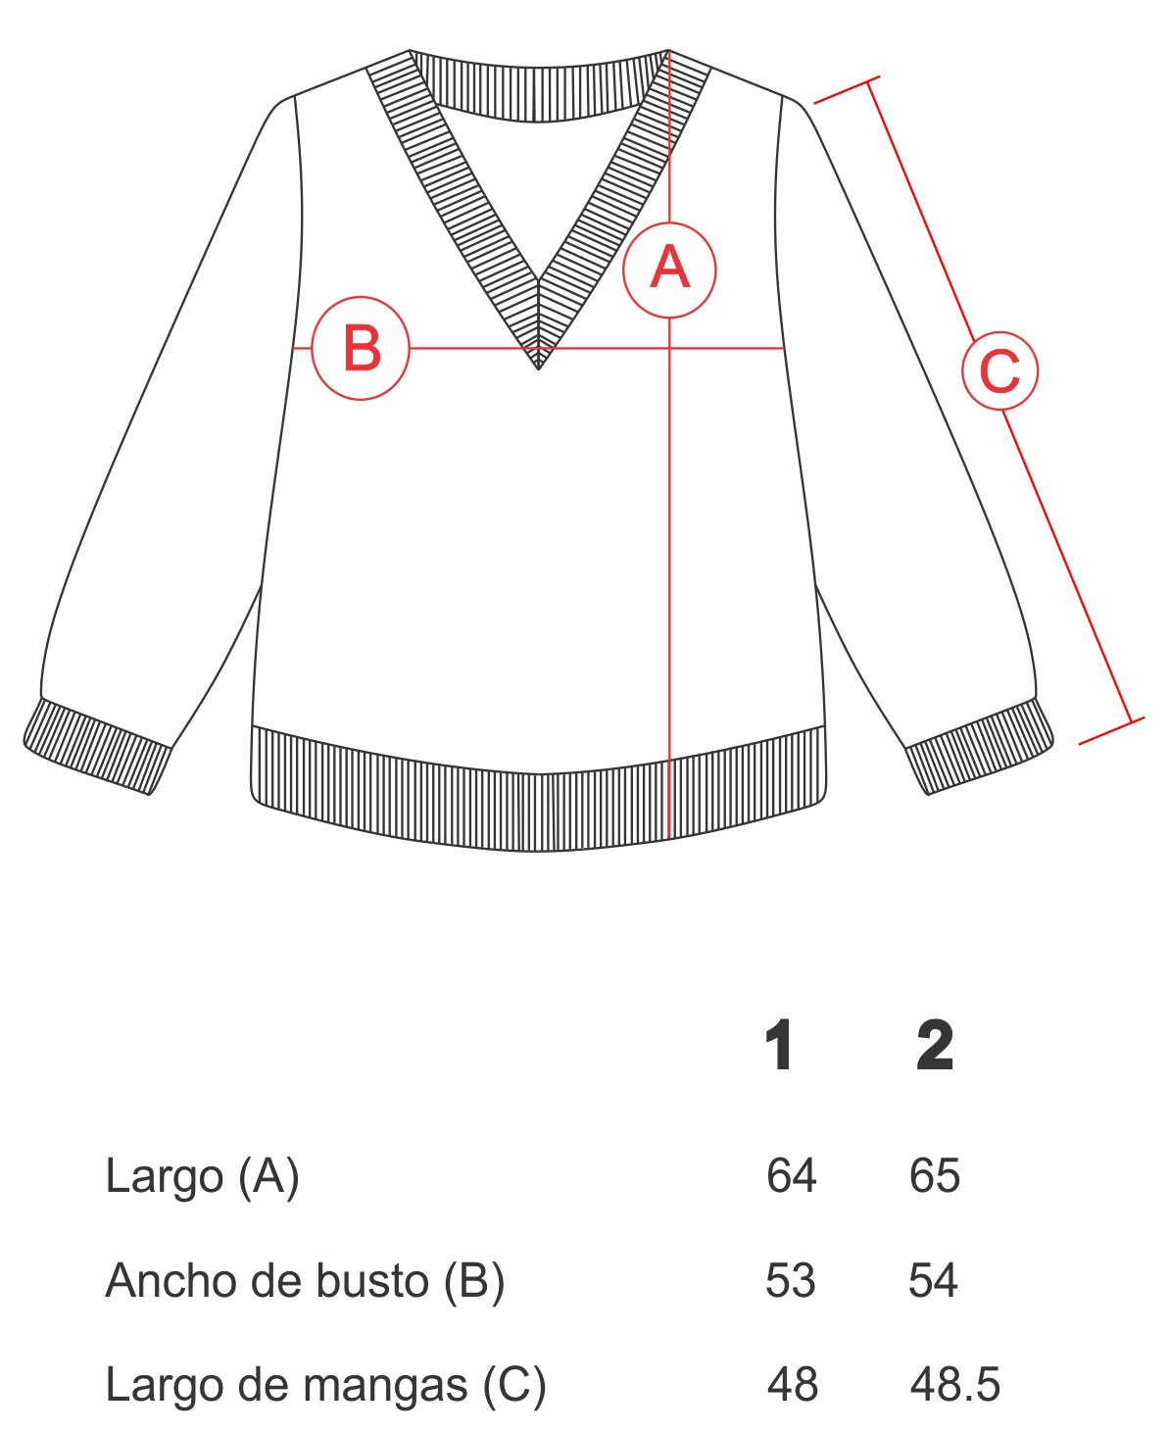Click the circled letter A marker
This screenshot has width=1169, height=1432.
(669, 270)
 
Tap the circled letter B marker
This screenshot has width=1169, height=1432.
(361, 348)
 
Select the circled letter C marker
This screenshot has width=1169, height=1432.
(999, 370)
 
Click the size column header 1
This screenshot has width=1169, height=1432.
(778, 1047)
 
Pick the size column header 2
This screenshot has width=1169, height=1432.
(935, 1046)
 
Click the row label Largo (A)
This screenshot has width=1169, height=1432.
(202, 1176)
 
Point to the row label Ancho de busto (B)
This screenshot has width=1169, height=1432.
(305, 1281)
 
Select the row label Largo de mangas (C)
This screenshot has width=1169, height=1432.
(326, 1386)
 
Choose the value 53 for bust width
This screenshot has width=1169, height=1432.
(790, 1281)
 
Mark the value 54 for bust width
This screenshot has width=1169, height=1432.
(934, 1281)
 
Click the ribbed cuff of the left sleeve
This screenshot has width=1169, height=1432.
(96, 746)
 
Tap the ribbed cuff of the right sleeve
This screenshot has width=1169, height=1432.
(980, 746)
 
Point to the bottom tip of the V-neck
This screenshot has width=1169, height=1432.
(538, 369)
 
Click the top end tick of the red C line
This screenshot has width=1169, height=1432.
(847, 89)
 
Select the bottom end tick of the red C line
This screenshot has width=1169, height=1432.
(1111, 730)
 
